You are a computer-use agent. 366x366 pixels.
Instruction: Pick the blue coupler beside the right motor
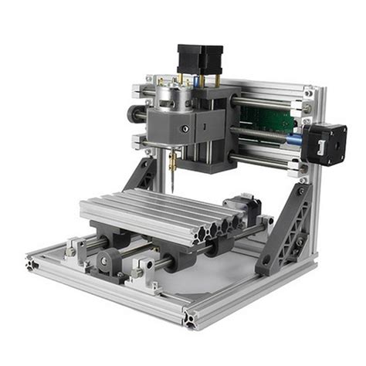coord(296,141)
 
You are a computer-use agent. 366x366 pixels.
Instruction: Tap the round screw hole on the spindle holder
coord(184,127)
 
